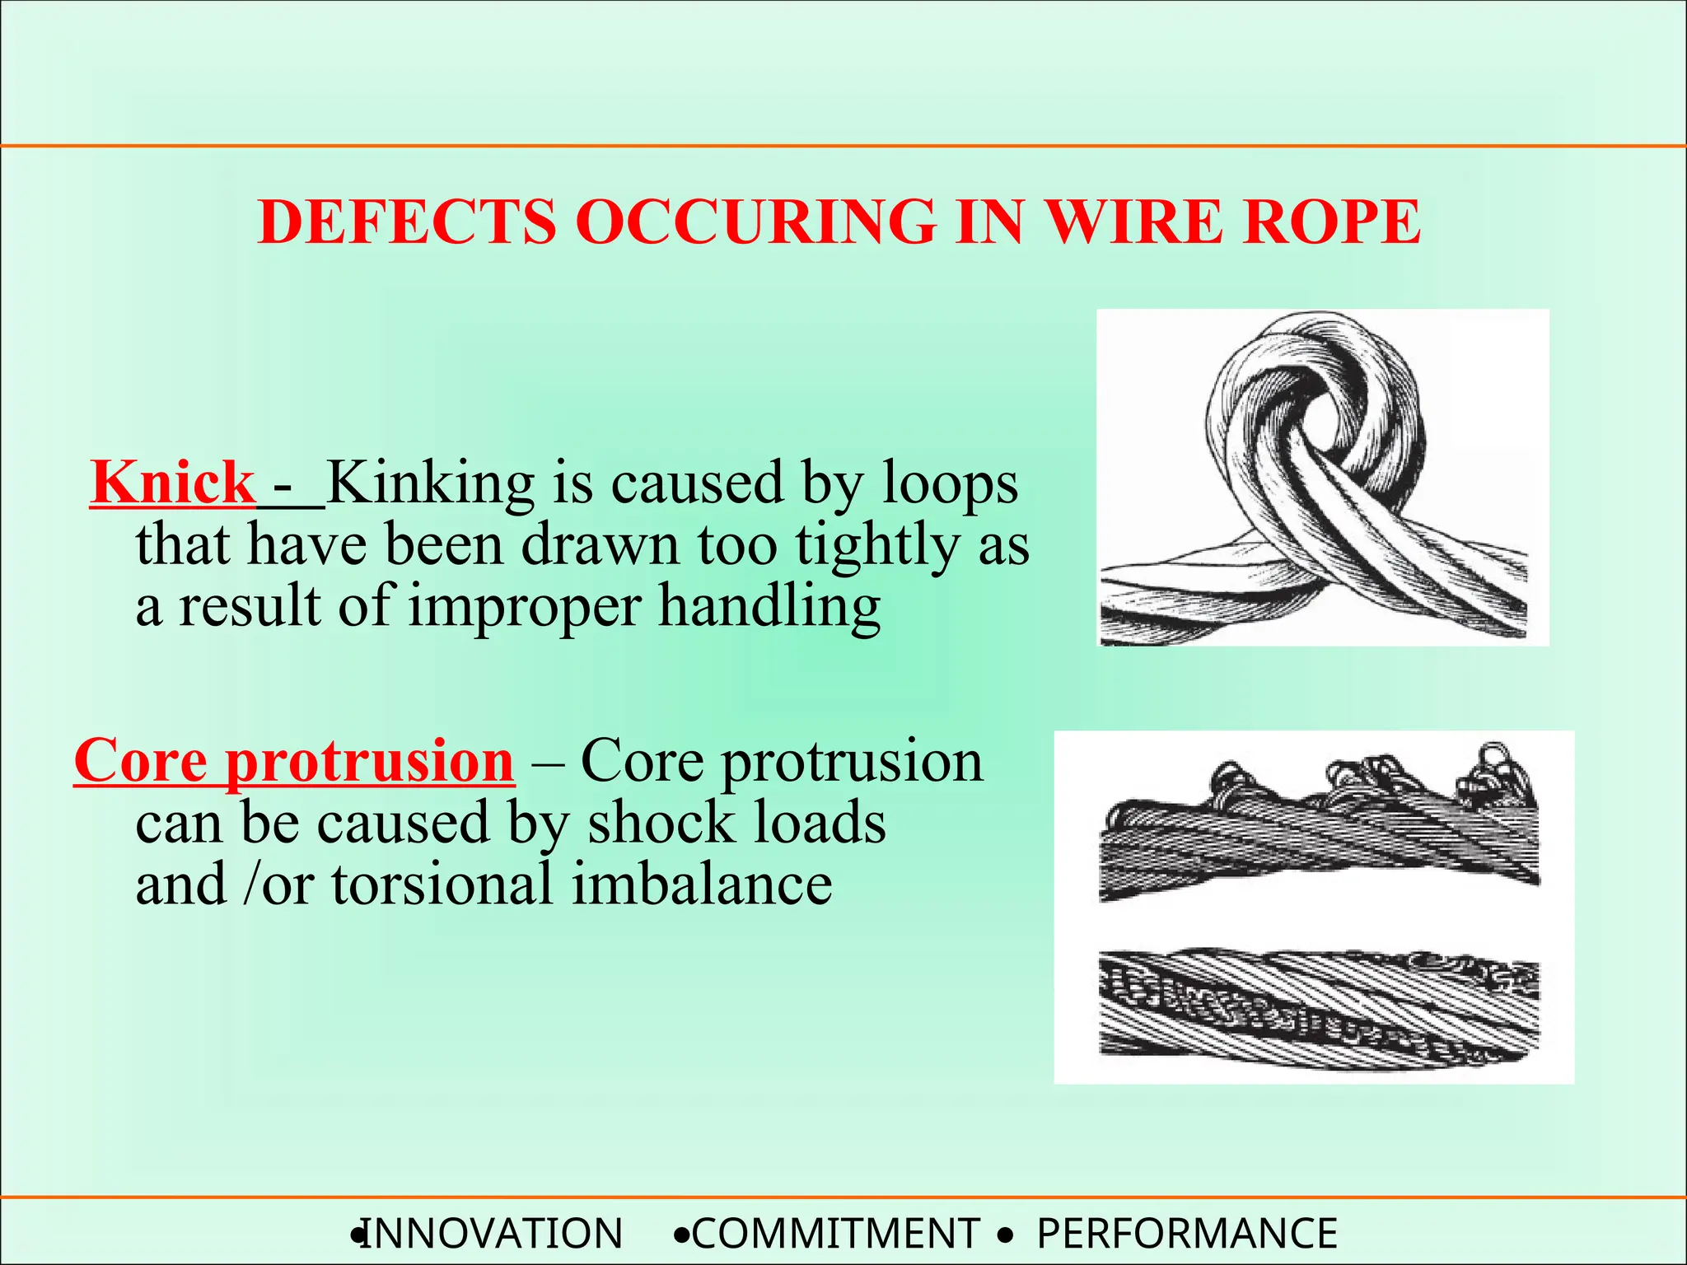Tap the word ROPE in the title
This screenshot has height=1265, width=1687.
click(x=1331, y=222)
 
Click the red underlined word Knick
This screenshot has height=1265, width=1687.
click(x=173, y=483)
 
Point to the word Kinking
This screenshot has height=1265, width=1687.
click(x=430, y=484)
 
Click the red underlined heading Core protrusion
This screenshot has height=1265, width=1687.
click(x=294, y=761)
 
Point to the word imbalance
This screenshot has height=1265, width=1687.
click(x=702, y=885)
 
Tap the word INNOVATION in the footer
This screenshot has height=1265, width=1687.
click(x=493, y=1234)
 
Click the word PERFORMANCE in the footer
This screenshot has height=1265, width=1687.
click(x=1187, y=1234)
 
